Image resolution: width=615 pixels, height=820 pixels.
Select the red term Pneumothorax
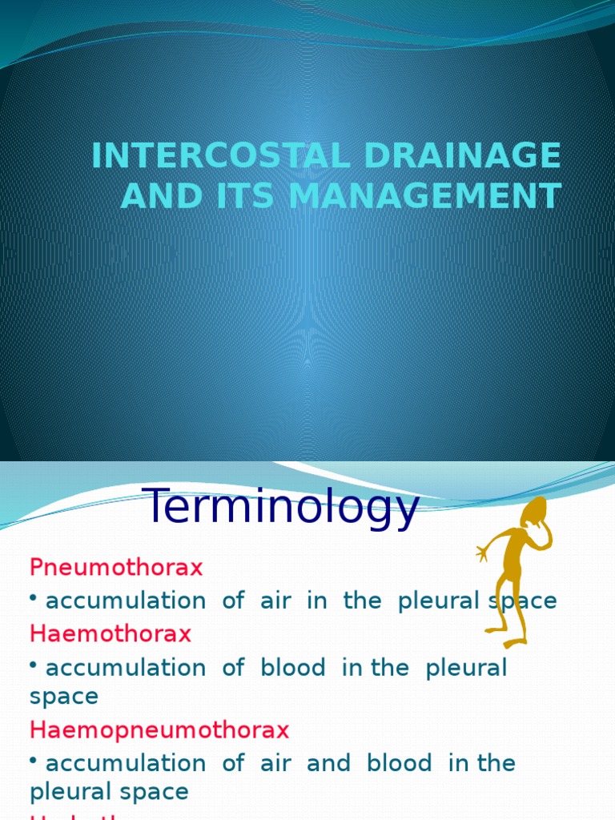coord(116,568)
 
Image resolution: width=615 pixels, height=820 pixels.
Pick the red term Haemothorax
coord(111,633)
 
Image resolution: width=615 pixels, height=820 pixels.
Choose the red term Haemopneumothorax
coord(159,730)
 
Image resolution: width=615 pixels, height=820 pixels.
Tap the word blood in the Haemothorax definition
coord(293,668)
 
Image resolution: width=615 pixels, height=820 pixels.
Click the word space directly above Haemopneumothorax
coord(64,697)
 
